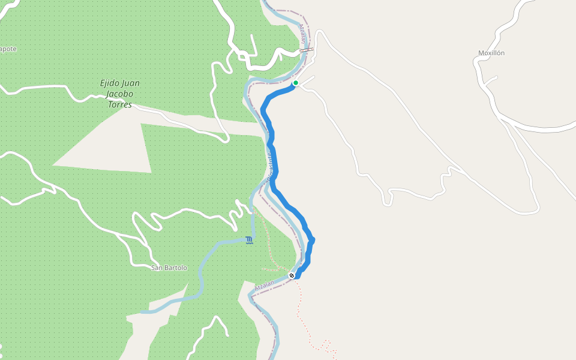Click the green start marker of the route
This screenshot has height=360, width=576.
tap(296, 83)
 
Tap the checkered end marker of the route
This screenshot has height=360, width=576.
tap(292, 275)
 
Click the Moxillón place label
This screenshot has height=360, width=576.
tap(491, 53)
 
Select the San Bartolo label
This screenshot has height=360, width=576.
tap(169, 268)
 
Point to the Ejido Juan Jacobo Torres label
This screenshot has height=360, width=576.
tap(119, 94)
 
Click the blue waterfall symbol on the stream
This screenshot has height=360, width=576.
tap(249, 241)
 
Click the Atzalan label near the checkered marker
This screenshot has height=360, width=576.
tap(264, 286)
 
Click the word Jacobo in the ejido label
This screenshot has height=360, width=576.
tap(119, 94)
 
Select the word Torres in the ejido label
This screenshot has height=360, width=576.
tap(119, 104)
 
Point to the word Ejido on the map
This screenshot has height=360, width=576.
tap(109, 83)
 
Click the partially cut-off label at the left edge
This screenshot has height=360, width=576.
tap(8, 49)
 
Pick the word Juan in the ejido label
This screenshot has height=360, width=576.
tap(130, 83)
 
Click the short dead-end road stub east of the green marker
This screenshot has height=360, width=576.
tap(308, 79)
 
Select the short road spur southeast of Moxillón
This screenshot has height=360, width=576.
tap(491, 79)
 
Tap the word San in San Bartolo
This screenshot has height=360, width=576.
tap(156, 268)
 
